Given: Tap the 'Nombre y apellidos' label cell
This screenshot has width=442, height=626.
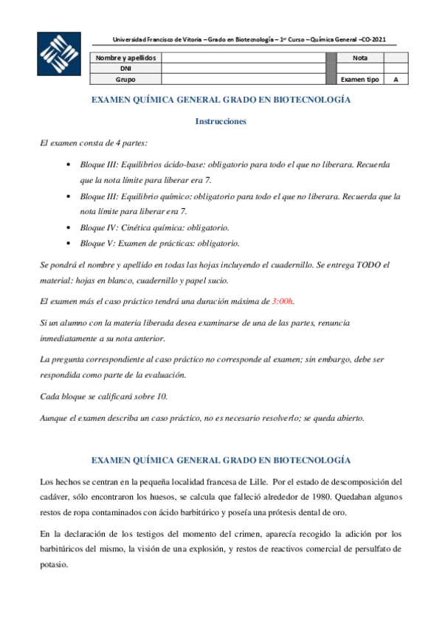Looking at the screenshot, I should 125,57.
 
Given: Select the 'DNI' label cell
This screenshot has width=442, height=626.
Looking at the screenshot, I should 125,68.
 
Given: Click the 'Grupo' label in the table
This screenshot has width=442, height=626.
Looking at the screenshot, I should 125,79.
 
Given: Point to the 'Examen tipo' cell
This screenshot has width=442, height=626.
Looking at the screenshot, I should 360,79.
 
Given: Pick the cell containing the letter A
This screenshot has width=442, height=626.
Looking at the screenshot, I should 396,79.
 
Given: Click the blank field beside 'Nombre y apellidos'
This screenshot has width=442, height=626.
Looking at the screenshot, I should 243,57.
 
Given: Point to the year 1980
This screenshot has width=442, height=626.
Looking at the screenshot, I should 295,497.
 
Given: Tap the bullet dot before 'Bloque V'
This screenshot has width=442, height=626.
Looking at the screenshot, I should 68,243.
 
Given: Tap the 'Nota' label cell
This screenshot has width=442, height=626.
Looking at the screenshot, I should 360,57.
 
